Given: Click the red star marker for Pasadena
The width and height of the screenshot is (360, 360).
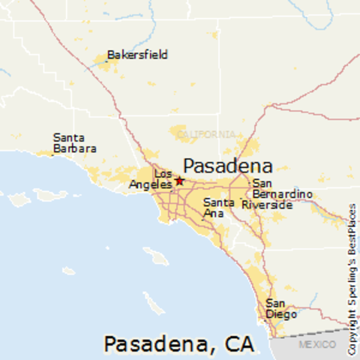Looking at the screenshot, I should coord(179,181).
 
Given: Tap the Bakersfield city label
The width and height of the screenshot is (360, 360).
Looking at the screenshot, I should coord(137,55).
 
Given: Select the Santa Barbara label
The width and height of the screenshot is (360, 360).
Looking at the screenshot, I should coord(74,143).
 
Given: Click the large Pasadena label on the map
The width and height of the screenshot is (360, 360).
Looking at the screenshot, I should coord(228,166).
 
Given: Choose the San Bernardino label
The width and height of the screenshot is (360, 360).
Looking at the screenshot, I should coord(282,188).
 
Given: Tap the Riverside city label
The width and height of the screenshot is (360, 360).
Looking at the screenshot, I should coord(267,204).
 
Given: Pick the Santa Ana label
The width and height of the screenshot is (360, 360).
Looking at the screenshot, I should coord(218,208).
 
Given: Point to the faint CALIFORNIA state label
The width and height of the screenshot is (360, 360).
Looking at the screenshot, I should coord(205,134).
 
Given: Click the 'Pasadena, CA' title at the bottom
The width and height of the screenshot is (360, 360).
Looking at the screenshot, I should coord(178,344).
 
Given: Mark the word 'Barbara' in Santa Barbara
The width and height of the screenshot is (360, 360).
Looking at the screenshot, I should coord(74,148).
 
